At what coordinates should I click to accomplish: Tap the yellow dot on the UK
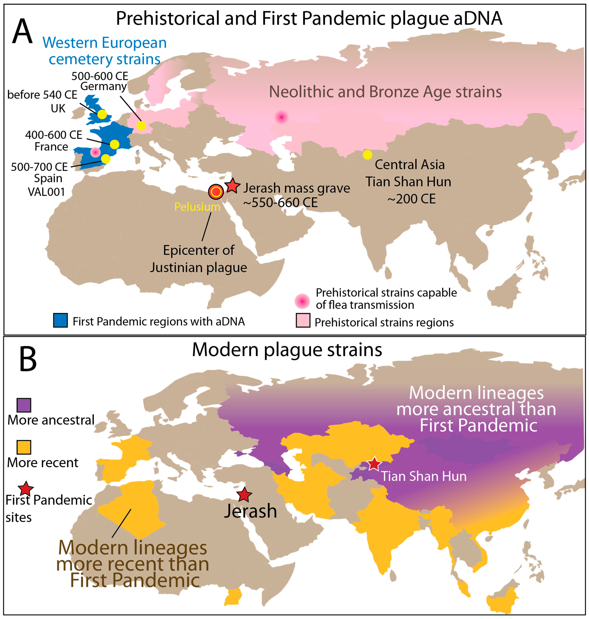tap(102, 114)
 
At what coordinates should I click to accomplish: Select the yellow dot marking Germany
tap(141, 126)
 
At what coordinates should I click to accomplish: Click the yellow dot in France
tap(115, 145)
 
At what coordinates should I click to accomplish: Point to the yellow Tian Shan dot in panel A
tap(367, 155)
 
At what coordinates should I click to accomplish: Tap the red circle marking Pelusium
tap(216, 192)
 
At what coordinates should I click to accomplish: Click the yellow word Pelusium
tap(197, 207)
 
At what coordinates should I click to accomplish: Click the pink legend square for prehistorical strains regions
tap(303, 320)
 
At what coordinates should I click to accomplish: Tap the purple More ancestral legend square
tap(24, 405)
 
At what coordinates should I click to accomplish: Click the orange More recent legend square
tap(24, 447)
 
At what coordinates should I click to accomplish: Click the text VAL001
tap(46, 192)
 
